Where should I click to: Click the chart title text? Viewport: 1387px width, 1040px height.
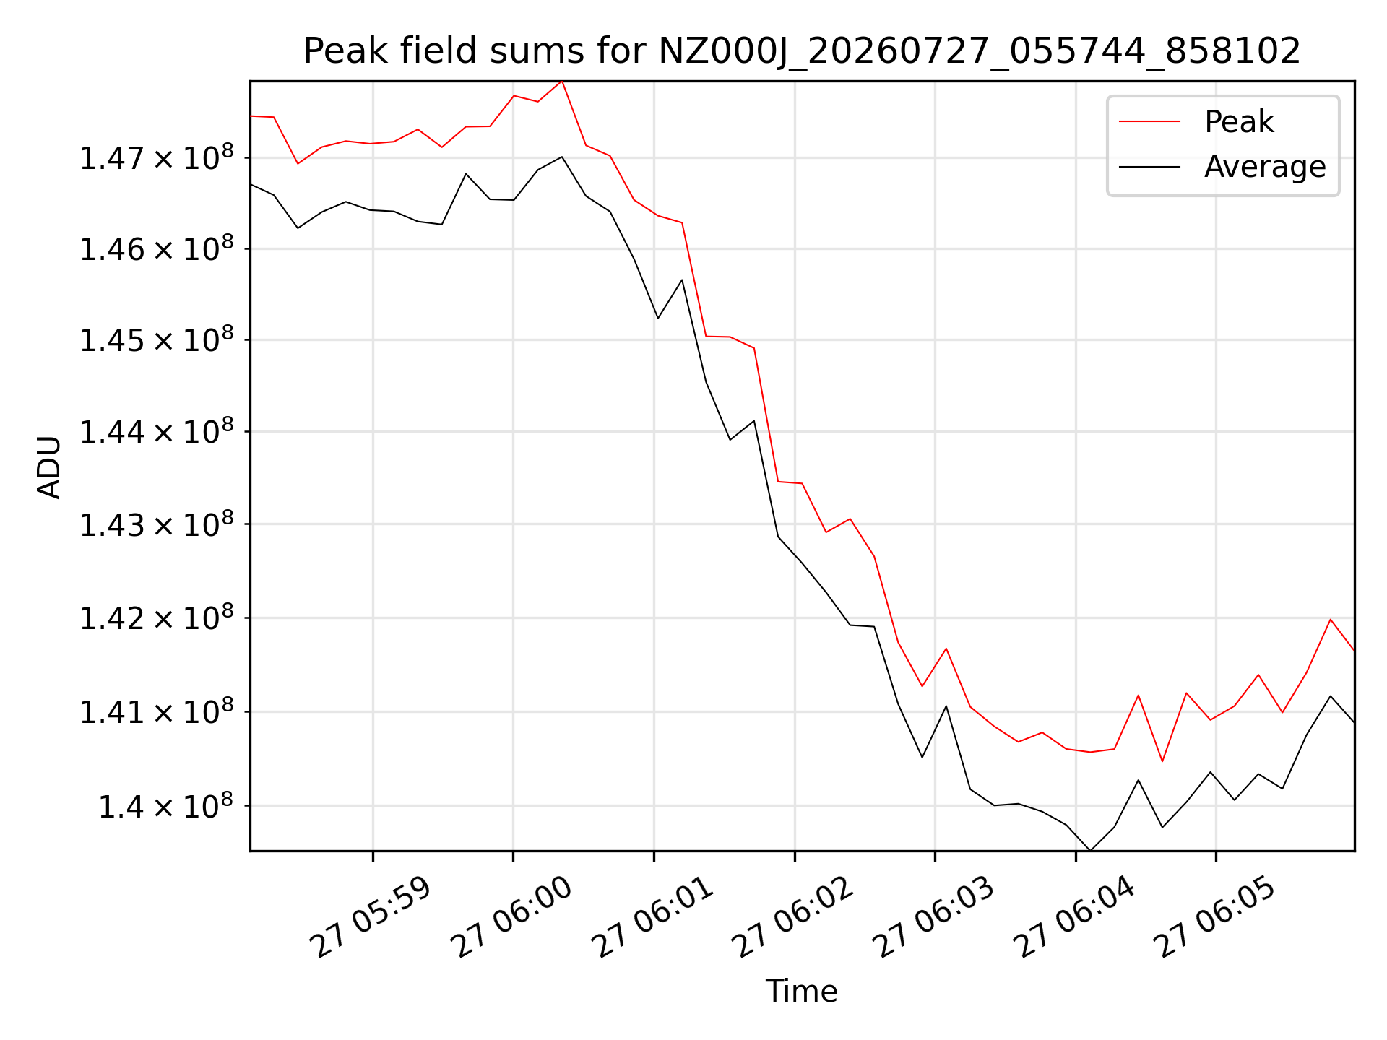802,51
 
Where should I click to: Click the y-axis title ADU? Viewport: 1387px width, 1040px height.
49,467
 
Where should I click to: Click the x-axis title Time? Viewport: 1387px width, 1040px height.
802,992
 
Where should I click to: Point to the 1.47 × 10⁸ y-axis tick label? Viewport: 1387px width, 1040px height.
157,157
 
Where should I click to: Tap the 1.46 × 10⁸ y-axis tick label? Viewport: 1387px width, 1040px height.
157,248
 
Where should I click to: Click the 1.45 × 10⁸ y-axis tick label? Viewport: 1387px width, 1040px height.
157,339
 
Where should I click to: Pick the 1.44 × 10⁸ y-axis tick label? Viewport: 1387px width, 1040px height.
157,431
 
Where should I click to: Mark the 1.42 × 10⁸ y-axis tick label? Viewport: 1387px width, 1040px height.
157,617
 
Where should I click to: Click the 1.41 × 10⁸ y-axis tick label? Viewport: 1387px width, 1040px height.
157,711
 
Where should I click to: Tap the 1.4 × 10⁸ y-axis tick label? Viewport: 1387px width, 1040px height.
166,805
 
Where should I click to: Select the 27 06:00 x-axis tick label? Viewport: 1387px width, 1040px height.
511,917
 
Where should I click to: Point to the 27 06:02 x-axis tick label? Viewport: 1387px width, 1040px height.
793,917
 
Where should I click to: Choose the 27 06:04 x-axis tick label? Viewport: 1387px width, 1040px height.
1074,917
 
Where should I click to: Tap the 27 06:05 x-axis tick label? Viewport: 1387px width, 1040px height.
1214,917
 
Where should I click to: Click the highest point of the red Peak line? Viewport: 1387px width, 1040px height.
562,81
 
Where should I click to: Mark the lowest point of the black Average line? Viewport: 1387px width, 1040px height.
1090,851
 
